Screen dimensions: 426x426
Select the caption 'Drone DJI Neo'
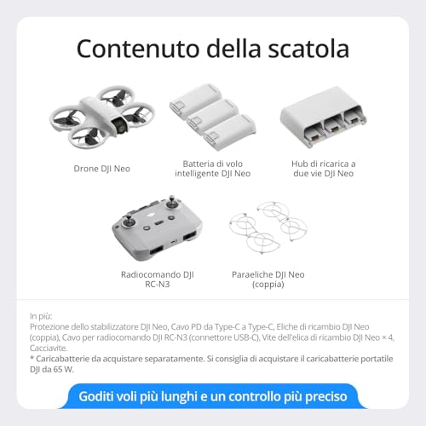click(102, 168)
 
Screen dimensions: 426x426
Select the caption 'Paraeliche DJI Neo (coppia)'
click(268, 279)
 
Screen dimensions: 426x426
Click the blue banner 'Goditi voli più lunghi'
click(213, 397)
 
